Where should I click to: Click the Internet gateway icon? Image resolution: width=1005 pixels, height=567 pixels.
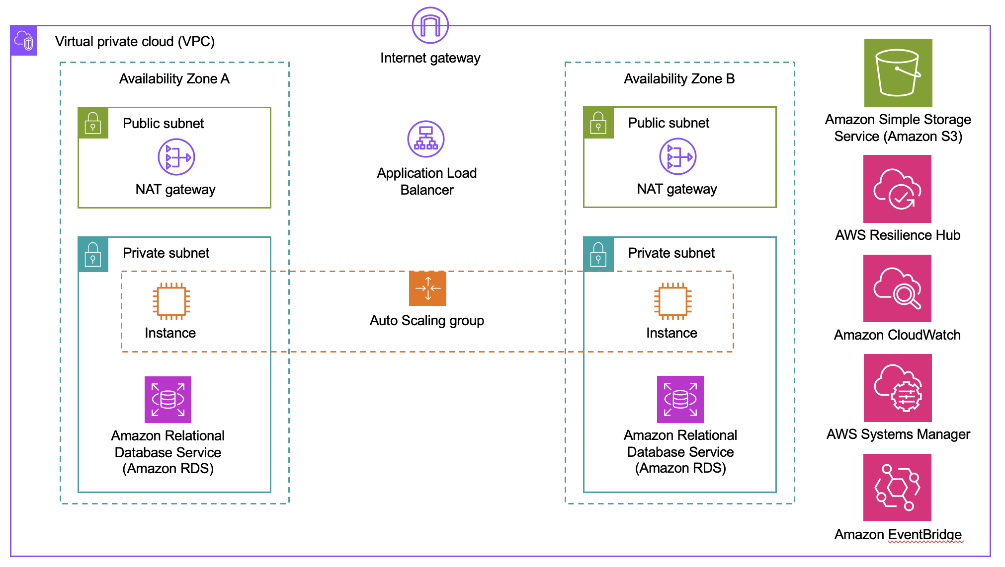point(430,25)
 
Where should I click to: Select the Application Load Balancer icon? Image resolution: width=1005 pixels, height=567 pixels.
point(426,139)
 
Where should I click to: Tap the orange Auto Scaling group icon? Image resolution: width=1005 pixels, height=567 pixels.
point(427,288)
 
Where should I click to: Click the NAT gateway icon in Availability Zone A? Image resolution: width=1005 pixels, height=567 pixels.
point(176,157)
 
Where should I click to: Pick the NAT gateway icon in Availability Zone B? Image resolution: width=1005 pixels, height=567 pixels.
point(677,157)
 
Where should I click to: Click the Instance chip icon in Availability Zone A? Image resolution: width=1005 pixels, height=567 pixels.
point(171,301)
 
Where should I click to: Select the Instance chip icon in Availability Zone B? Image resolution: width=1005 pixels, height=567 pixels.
point(672,301)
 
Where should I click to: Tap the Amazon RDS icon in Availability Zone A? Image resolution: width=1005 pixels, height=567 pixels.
point(168,399)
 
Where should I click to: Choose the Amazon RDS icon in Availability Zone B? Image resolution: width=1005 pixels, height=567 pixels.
point(680,399)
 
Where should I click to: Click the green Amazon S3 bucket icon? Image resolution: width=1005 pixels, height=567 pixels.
point(898,72)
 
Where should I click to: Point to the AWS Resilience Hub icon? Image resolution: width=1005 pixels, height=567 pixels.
point(897,189)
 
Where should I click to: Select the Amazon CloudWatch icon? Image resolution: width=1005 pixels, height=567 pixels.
point(897,288)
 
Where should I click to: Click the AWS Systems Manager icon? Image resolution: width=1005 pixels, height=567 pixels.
point(898,388)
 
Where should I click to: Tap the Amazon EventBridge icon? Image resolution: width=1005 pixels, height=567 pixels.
point(897,487)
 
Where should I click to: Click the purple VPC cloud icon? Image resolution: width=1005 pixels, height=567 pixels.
point(24,40)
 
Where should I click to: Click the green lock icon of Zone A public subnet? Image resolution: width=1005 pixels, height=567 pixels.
point(93,123)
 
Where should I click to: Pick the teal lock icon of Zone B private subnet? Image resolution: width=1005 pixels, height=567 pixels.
point(598,254)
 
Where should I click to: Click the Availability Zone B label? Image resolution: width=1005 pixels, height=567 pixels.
point(679,79)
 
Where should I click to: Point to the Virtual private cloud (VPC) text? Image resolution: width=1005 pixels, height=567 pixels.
point(135,42)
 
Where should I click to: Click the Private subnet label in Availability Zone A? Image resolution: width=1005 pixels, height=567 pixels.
point(166,253)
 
